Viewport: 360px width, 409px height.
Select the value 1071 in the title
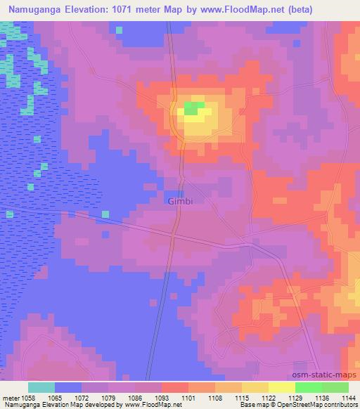tap(129, 10)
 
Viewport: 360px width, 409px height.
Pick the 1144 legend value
tap(347, 398)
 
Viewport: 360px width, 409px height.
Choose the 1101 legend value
tap(188, 398)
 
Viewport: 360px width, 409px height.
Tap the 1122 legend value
tap(267, 398)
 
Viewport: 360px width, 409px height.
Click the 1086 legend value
tap(134, 398)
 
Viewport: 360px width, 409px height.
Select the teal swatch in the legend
tap(41, 387)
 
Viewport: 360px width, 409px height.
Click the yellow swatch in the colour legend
tap(255, 387)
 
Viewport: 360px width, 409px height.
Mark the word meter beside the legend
tap(10, 398)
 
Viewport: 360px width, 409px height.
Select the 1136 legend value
tap(321, 398)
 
